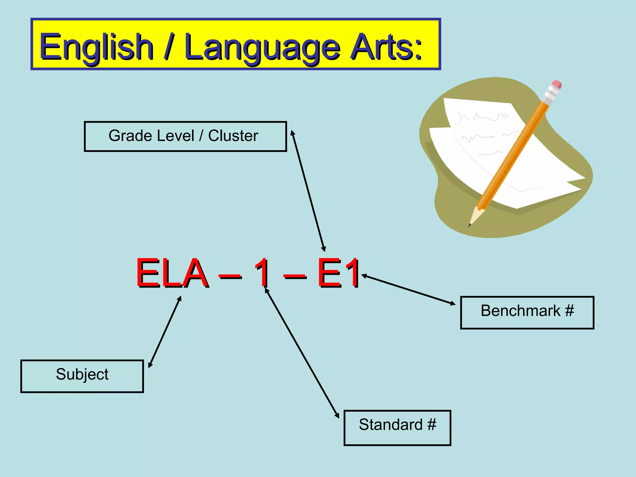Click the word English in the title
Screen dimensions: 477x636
[97, 47]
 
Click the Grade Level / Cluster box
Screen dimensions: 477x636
[185, 136]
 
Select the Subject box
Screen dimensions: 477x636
[82, 376]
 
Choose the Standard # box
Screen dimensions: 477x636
[397, 428]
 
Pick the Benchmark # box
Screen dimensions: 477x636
[527, 312]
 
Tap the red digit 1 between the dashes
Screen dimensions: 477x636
[263, 273]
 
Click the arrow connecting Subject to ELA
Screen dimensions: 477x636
[165, 332]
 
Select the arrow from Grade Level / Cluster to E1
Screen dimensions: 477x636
[308, 191]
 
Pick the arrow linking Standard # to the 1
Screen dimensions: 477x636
[302, 353]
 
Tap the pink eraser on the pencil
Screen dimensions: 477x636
[556, 84]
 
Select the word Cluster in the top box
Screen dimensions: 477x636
[233, 136]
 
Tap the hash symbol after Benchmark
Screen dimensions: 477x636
[569, 310]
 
